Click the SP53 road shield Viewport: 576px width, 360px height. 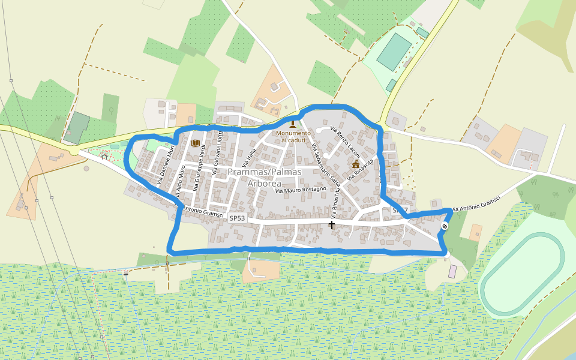(x=238, y=218)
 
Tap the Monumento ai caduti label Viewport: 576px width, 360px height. (x=293, y=136)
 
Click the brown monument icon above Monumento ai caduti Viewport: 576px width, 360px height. (x=293, y=124)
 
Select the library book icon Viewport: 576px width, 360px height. (x=195, y=143)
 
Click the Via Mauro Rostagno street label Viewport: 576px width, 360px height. (x=301, y=190)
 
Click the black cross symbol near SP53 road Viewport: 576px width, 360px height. (x=332, y=224)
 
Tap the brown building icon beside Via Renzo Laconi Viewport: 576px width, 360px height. (x=356, y=163)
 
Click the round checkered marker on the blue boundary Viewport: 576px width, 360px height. (x=445, y=226)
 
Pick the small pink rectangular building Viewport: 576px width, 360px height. (x=452, y=271)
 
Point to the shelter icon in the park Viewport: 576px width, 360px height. (x=104, y=157)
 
